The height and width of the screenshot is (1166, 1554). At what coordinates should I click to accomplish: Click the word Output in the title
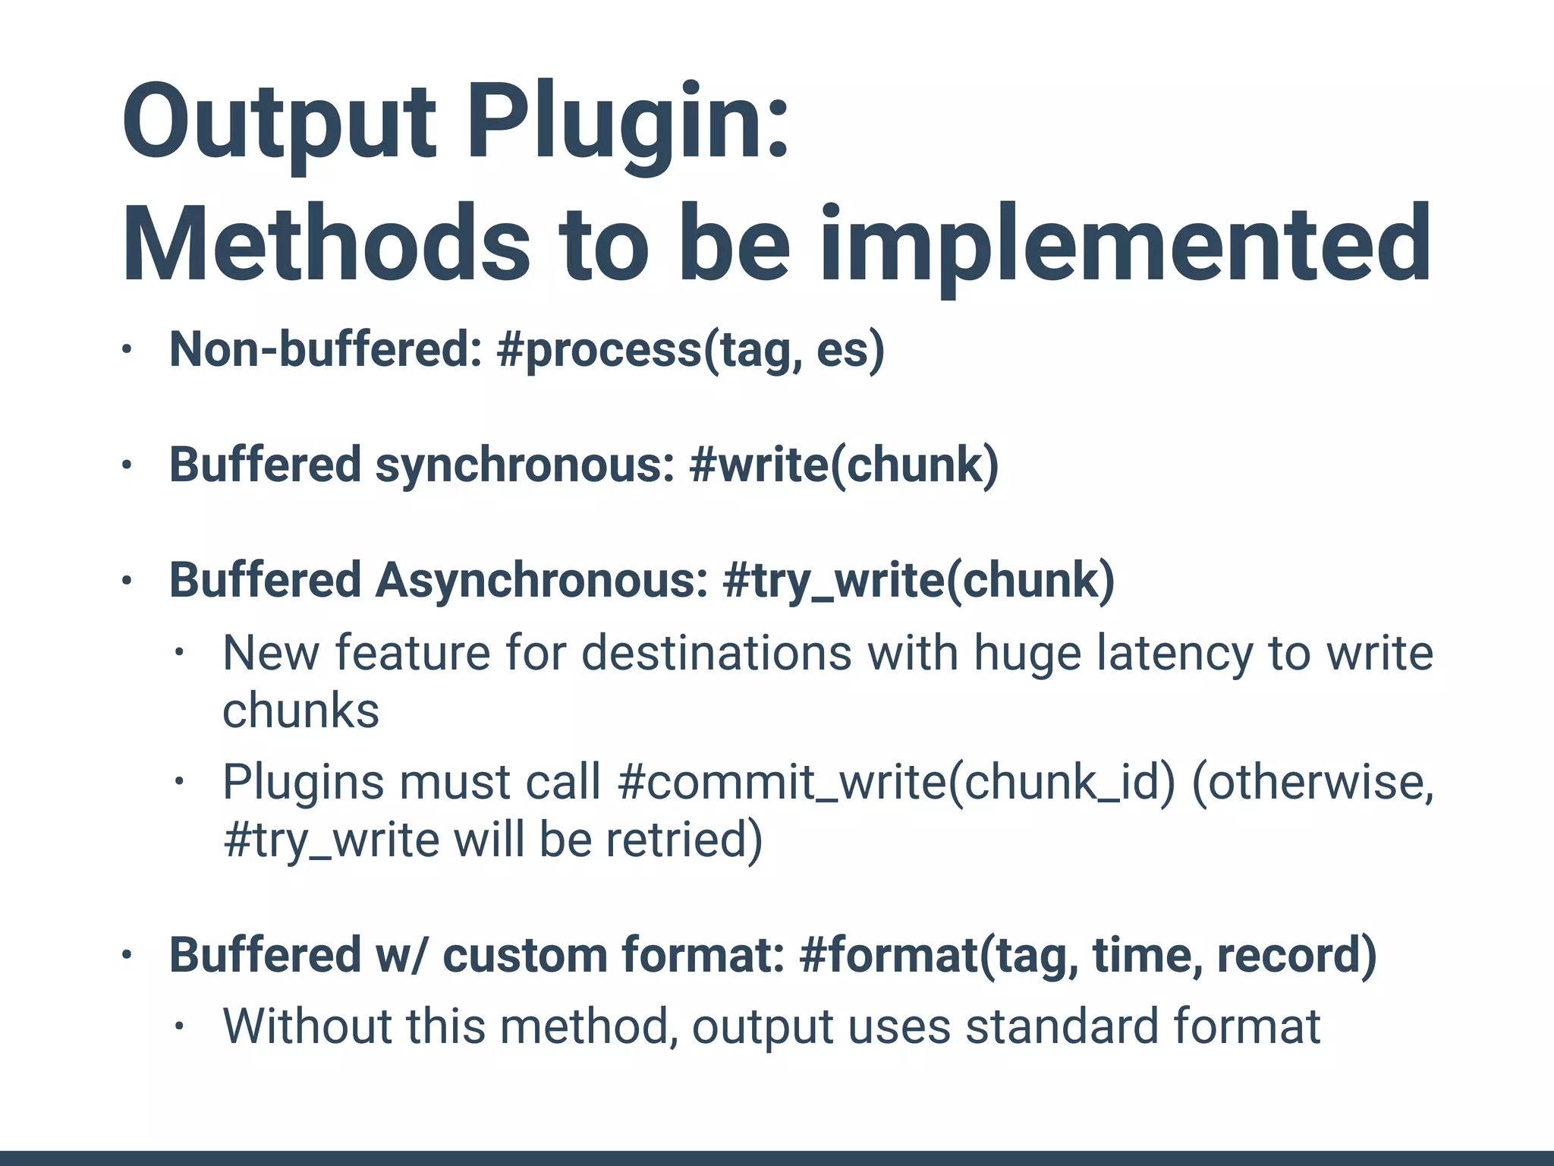(279, 123)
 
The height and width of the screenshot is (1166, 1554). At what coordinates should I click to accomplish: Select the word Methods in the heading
(326, 244)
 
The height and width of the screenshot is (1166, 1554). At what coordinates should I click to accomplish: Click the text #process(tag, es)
(690, 351)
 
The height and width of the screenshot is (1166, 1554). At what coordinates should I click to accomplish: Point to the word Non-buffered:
(326, 351)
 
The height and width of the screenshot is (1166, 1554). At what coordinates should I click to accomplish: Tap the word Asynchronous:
(542, 581)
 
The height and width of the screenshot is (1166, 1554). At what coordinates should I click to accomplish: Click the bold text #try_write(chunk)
(919, 581)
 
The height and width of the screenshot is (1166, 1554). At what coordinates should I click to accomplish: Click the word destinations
(716, 654)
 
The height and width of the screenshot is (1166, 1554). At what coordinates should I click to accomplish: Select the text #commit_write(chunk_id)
(896, 782)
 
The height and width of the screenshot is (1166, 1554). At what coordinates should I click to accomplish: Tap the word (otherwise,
(1313, 782)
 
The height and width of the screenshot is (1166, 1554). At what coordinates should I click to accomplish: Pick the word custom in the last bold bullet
(524, 955)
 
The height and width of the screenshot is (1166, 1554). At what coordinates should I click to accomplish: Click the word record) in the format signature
(1297, 955)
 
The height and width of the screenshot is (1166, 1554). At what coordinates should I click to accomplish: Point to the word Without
(307, 1026)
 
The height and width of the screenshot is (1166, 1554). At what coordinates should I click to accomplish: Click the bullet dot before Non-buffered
(127, 351)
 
